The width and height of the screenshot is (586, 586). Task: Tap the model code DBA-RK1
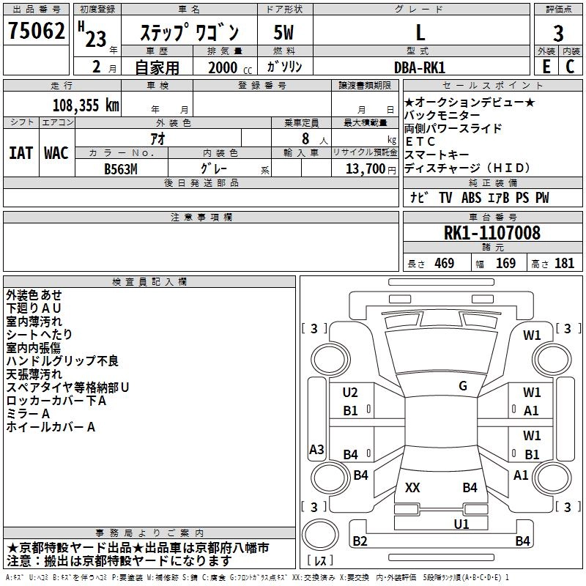click(419, 67)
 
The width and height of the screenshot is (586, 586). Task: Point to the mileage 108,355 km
click(85, 105)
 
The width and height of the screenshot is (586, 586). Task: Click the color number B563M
click(122, 168)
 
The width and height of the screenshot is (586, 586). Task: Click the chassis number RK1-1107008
click(492, 233)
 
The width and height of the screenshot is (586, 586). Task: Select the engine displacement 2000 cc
click(223, 67)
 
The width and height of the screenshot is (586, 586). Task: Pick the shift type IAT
click(21, 153)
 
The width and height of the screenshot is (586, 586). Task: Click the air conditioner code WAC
click(56, 153)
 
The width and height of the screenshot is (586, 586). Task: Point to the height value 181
click(564, 264)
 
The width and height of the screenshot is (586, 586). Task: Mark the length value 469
click(443, 264)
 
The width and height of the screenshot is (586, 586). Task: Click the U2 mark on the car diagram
click(351, 393)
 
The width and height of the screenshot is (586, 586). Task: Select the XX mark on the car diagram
click(412, 487)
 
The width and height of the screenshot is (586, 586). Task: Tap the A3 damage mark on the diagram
click(316, 450)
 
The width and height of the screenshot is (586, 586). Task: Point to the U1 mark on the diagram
click(461, 524)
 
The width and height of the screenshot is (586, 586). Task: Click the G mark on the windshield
click(463, 386)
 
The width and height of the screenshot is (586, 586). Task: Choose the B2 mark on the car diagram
click(360, 541)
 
